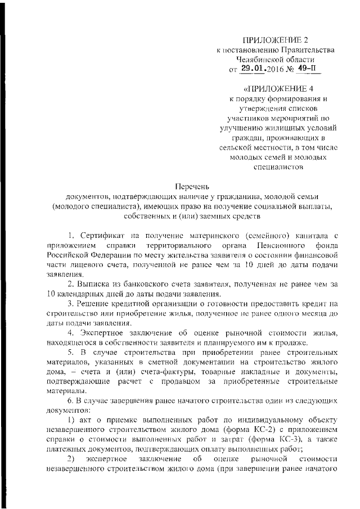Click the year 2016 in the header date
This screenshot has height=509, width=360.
point(277,70)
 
